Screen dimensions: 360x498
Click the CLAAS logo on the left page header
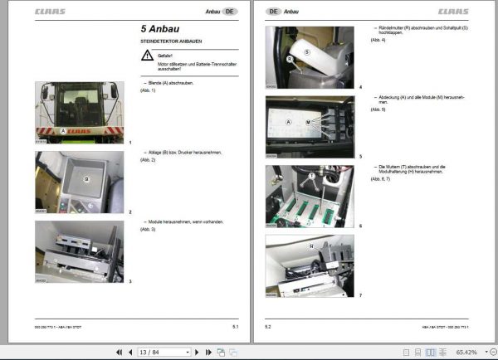click(51, 12)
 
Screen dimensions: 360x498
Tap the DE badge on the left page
click(230, 12)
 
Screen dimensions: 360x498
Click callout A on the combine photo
click(62, 131)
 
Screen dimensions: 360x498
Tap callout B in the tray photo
click(85, 178)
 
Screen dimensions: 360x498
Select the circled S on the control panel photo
click(306, 51)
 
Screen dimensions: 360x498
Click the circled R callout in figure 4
click(289, 61)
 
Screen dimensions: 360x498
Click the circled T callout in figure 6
click(312, 175)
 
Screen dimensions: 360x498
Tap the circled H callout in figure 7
click(311, 246)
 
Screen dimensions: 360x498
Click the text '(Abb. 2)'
click(149, 160)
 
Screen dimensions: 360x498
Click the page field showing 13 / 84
click(150, 352)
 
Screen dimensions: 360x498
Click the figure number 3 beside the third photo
click(130, 282)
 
